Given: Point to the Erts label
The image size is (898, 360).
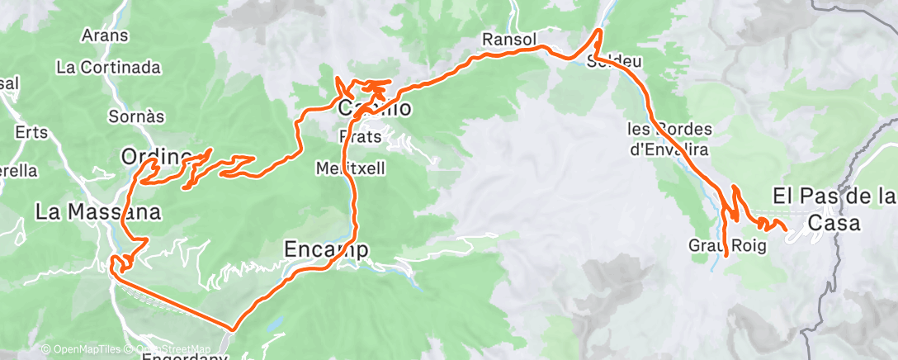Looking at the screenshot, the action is click(x=31, y=131).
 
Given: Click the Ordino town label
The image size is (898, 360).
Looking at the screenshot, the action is click(x=155, y=155).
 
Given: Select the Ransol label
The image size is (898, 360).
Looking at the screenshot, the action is click(x=509, y=39).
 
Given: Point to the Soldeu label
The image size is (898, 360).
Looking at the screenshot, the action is click(x=615, y=62).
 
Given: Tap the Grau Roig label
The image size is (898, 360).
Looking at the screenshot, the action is click(x=726, y=245).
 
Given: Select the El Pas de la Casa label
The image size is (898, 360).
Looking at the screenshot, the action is click(x=834, y=209).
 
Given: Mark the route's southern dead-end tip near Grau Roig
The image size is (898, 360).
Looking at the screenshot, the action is click(x=726, y=257).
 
